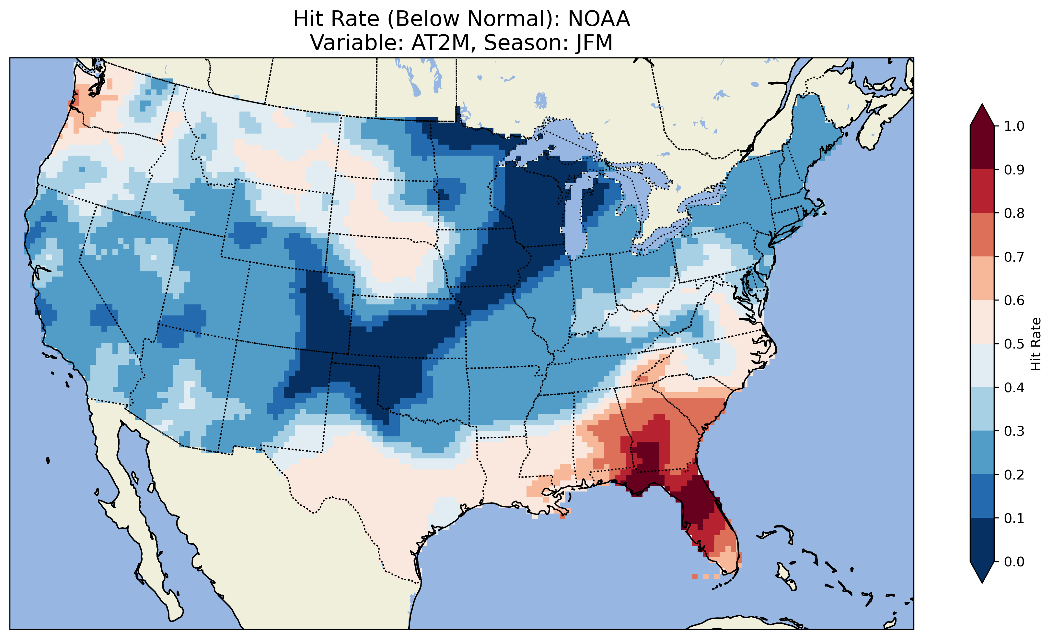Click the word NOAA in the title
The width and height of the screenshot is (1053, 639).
[599, 19]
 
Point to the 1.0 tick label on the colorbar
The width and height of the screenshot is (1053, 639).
[1014, 126]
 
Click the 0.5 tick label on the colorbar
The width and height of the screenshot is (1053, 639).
[1014, 344]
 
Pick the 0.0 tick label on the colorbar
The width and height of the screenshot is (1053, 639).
[1014, 562]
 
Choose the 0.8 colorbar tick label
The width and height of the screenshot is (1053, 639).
[1014, 213]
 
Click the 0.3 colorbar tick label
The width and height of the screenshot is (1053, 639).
[1014, 431]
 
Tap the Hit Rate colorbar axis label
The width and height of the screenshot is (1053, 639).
[1036, 344]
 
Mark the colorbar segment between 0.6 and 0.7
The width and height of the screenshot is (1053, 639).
[982, 278]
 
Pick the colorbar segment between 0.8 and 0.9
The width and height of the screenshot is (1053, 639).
[982, 191]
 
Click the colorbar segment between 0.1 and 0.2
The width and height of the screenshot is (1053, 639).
[982, 496]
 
